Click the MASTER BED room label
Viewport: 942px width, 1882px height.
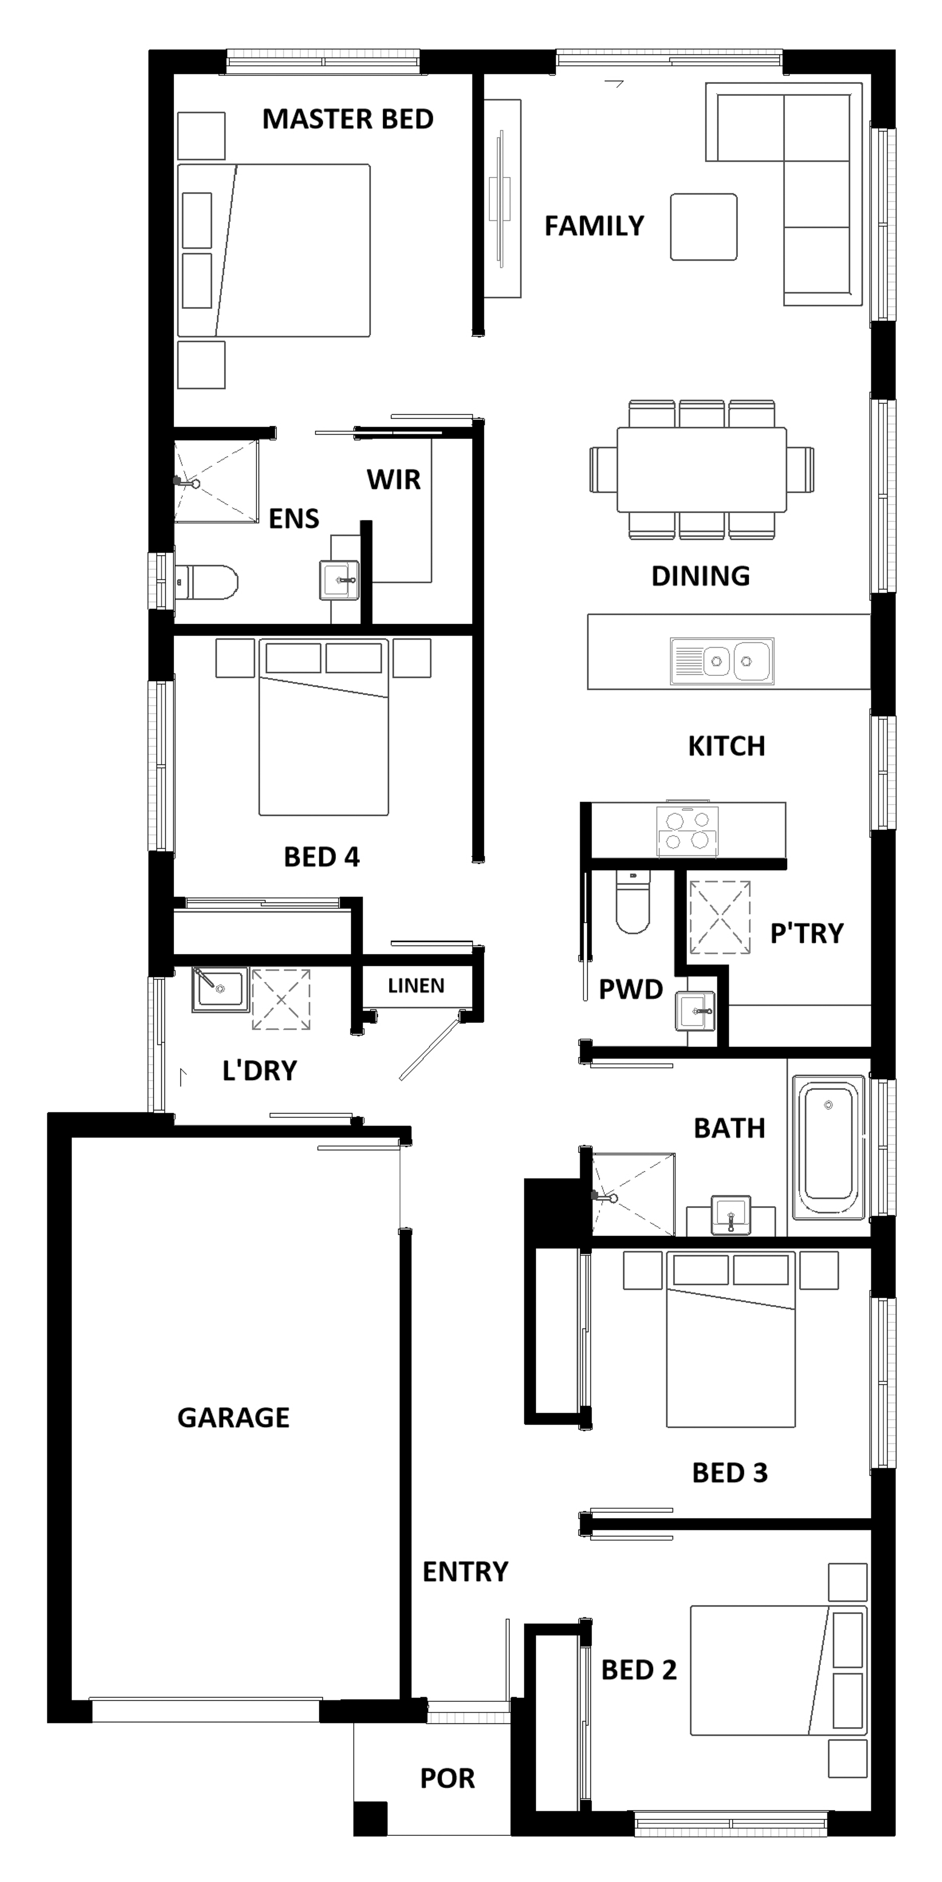tap(347, 118)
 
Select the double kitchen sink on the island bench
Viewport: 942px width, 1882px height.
tap(722, 661)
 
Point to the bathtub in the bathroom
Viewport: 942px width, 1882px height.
tap(828, 1146)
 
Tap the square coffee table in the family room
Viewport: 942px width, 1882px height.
tap(704, 227)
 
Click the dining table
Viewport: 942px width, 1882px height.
tap(702, 470)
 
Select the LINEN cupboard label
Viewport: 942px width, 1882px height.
tap(416, 986)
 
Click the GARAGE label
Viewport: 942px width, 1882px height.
tap(234, 1417)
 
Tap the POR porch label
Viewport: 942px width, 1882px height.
tap(447, 1778)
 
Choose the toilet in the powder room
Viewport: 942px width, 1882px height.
tap(632, 901)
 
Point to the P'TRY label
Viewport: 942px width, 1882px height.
tap(807, 933)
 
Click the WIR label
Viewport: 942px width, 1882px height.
tap(394, 480)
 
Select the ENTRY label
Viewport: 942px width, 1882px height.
tap(465, 1572)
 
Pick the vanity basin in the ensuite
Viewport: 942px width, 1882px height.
tap(339, 580)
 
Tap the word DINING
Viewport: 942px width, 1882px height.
tap(700, 576)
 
